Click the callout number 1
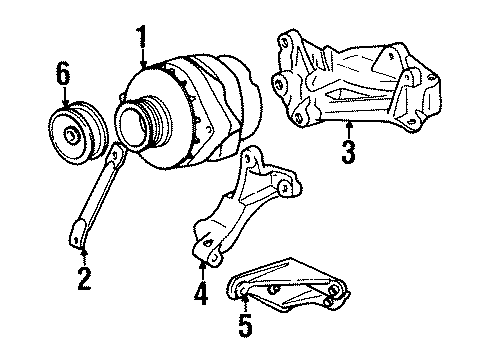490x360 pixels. point(142,39)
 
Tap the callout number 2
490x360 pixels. point(84,275)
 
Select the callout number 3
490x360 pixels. point(347,154)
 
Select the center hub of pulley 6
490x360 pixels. point(73,133)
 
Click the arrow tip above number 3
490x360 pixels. point(347,124)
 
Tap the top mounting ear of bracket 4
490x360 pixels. point(248,154)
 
